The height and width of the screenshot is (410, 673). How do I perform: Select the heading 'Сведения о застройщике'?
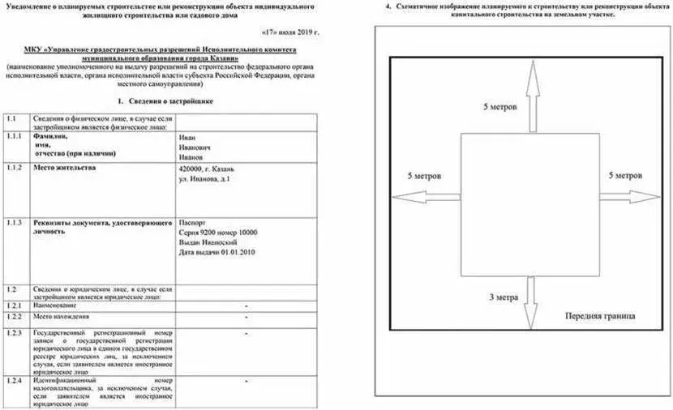tap(165, 102)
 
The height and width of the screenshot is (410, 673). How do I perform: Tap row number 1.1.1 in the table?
tap(14, 138)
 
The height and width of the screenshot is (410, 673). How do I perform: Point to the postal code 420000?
tap(191, 169)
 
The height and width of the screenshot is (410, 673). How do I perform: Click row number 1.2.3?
tap(14, 333)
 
